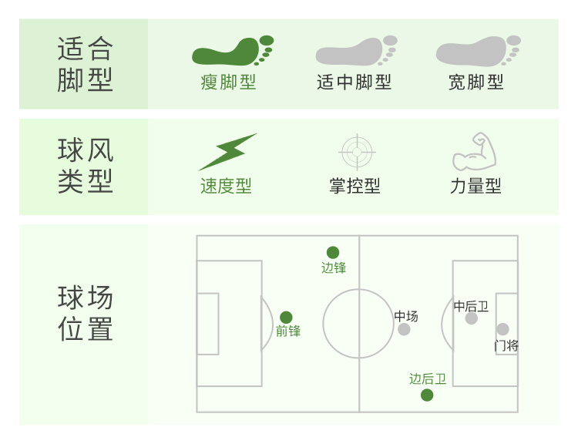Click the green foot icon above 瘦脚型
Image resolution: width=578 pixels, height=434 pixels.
pyautogui.click(x=232, y=51)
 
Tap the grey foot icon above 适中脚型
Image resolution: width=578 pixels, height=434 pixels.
pyautogui.click(x=355, y=51)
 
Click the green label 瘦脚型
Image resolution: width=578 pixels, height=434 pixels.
pyautogui.click(x=228, y=82)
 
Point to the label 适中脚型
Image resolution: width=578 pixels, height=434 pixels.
pyautogui.click(x=355, y=82)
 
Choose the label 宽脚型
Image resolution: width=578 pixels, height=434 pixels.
pyautogui.click(x=476, y=82)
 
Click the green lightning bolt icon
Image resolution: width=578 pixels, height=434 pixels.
pyautogui.click(x=227, y=151)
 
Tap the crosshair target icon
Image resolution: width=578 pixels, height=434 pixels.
pyautogui.click(x=356, y=152)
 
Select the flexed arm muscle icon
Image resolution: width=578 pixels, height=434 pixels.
pyautogui.click(x=474, y=152)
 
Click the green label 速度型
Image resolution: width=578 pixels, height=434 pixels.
pyautogui.click(x=226, y=187)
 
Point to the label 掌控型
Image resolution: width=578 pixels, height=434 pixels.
pyautogui.click(x=355, y=187)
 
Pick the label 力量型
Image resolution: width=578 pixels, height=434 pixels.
pyautogui.click(x=476, y=187)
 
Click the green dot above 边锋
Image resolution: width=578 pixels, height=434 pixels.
pyautogui.click(x=333, y=252)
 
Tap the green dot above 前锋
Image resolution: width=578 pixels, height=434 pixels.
pyautogui.click(x=286, y=318)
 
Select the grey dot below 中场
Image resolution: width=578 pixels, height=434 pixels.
pyautogui.click(x=404, y=330)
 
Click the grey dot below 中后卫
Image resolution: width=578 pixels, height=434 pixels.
pyautogui.click(x=471, y=318)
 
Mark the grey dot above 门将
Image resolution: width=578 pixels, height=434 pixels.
pyautogui.click(x=502, y=329)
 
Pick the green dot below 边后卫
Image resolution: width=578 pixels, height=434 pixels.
pyautogui.click(x=427, y=395)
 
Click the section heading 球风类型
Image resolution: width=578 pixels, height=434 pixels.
pyautogui.click(x=85, y=166)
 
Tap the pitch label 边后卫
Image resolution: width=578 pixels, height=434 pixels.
pyautogui.click(x=428, y=379)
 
